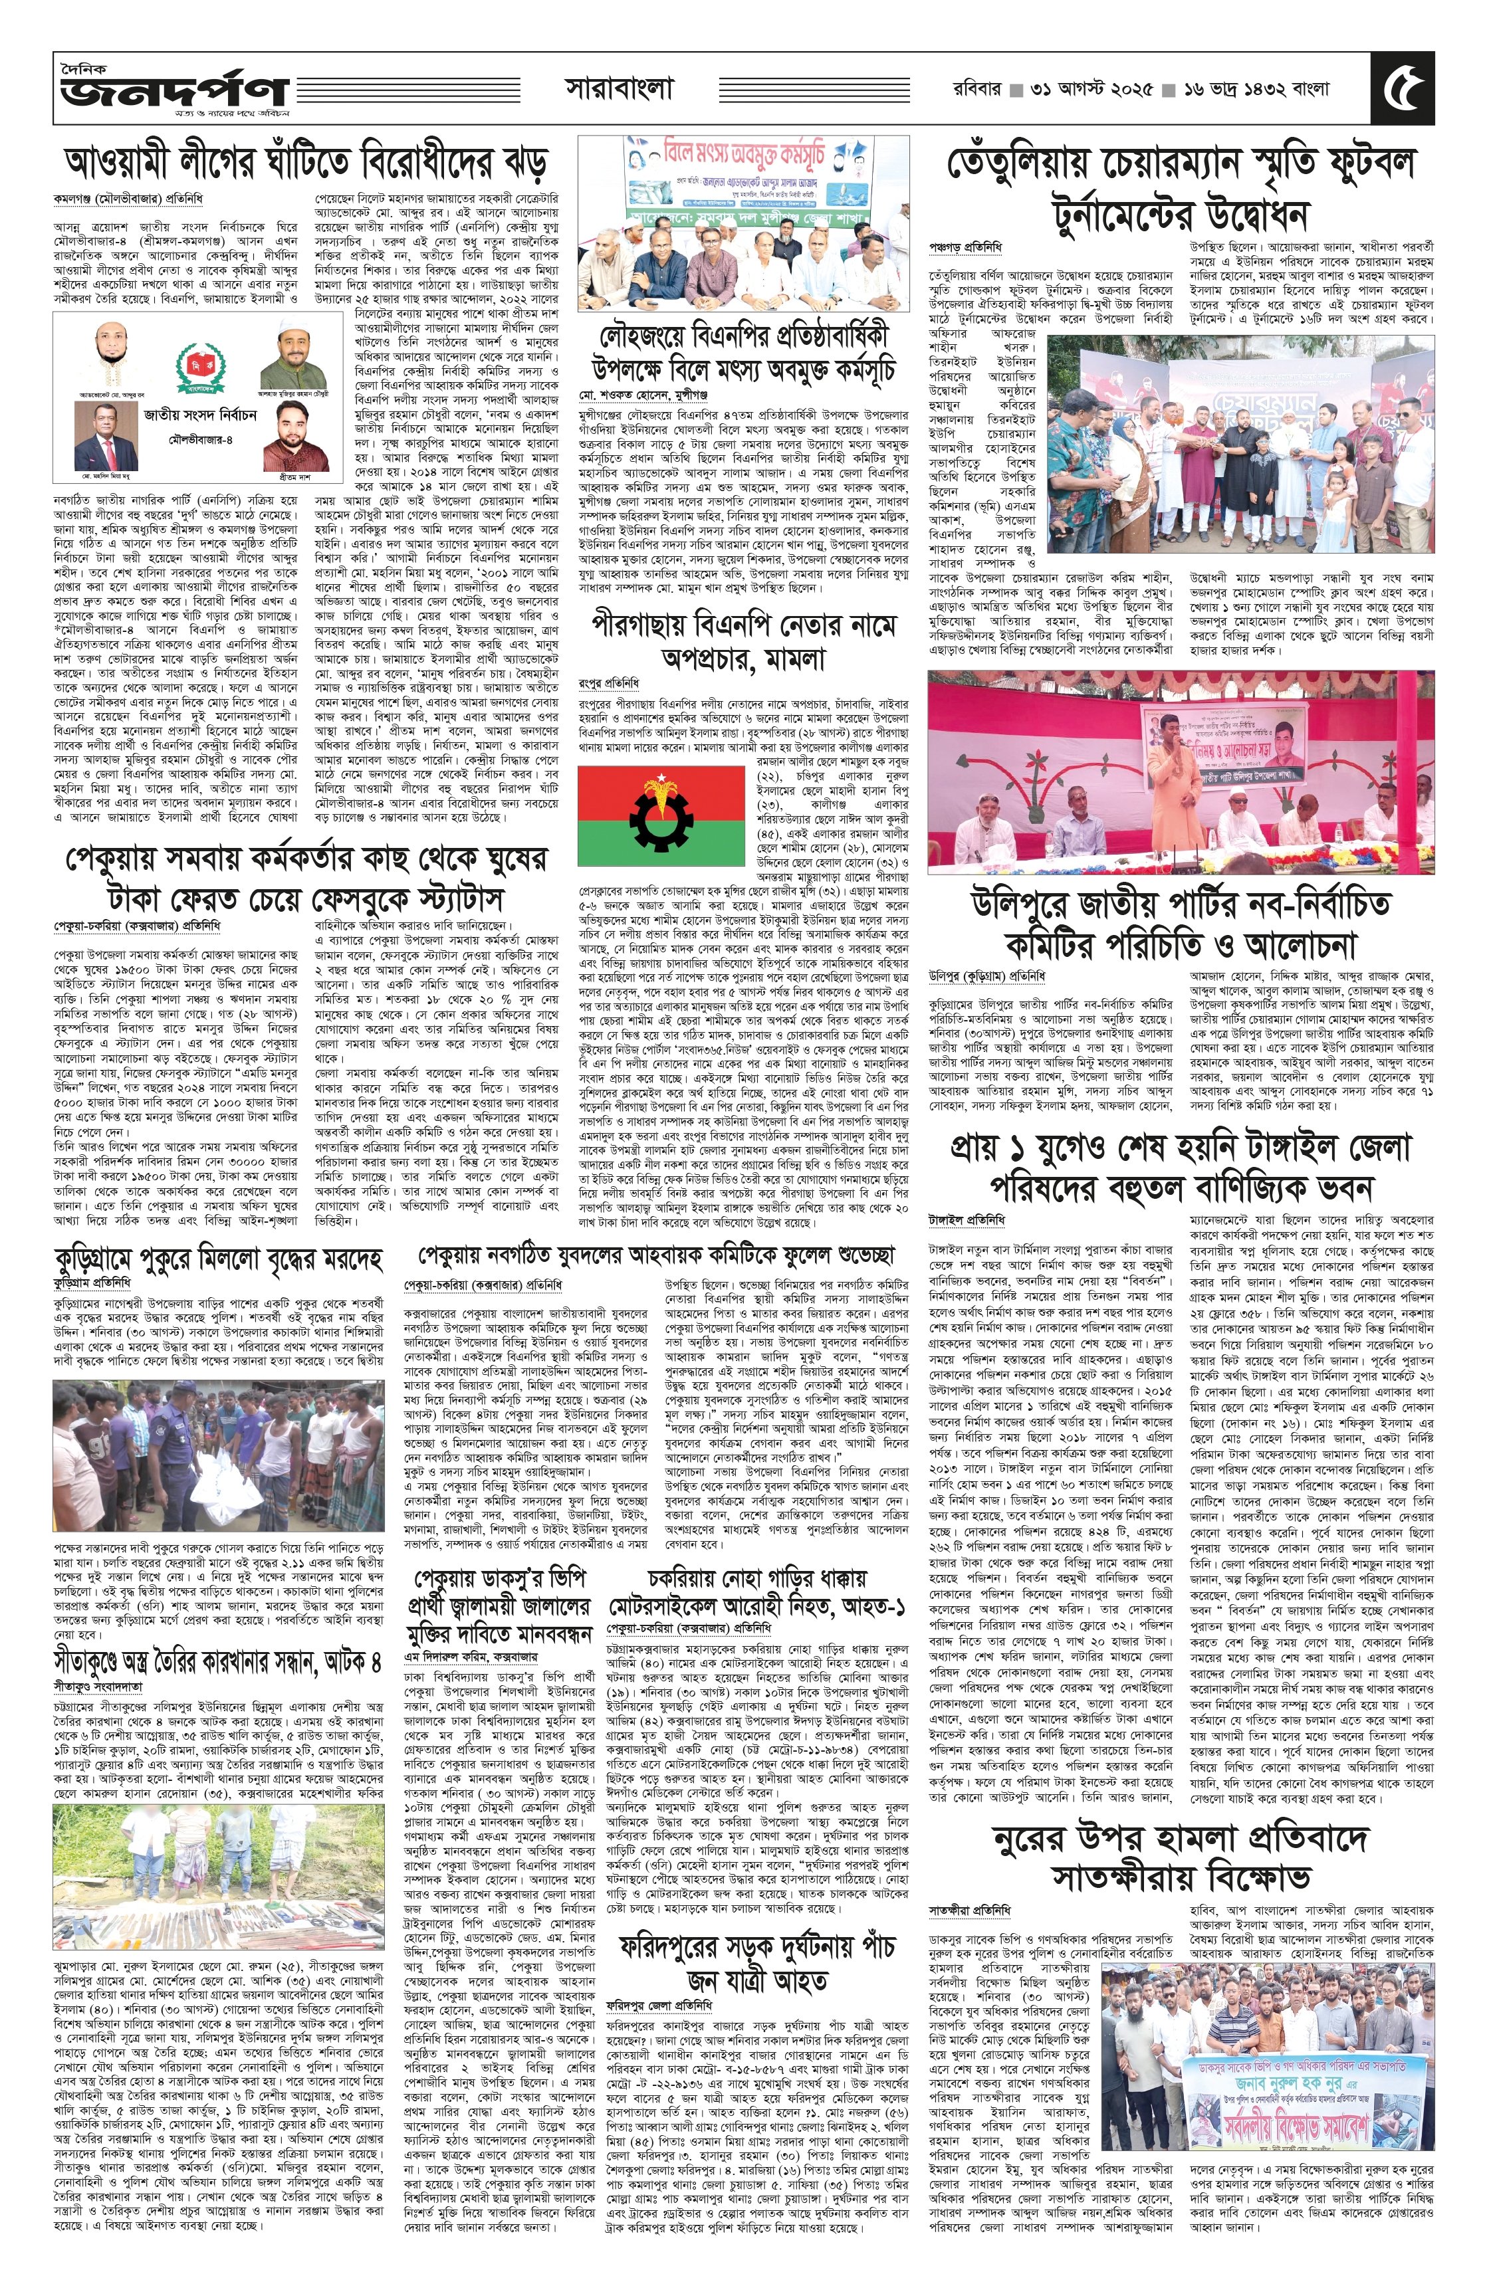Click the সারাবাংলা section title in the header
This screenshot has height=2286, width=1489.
pos(619,89)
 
